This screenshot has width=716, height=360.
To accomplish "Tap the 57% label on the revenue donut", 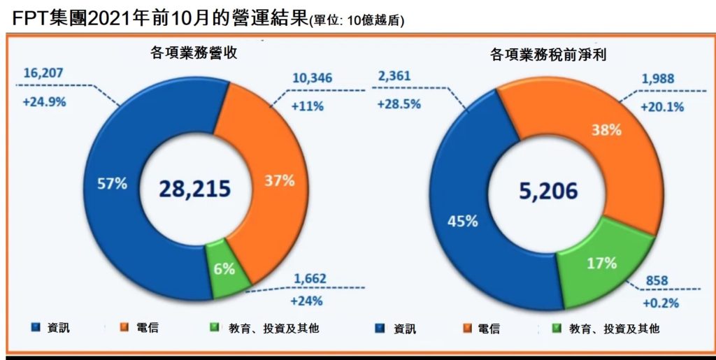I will pyautogui.click(x=113, y=184).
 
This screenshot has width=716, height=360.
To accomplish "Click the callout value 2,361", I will pyautogui.click(x=396, y=76).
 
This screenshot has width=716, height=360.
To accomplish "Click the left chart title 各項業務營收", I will pyautogui.click(x=194, y=52).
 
